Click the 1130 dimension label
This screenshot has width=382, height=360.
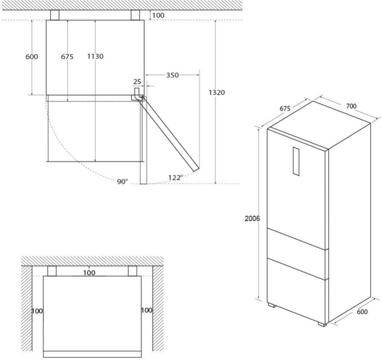tap(95, 56)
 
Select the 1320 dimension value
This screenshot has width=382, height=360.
tap(217, 92)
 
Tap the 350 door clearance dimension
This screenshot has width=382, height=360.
tap(173, 75)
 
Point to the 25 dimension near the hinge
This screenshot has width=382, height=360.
tap(137, 82)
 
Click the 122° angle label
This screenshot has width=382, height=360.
tap(176, 177)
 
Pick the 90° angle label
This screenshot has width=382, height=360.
tap(122, 182)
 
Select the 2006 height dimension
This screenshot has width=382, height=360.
tap(252, 219)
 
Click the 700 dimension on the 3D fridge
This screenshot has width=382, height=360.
tap(351, 106)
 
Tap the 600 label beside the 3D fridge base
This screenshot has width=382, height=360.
tap(362, 312)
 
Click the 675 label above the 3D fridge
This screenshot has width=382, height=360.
tap(285, 108)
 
